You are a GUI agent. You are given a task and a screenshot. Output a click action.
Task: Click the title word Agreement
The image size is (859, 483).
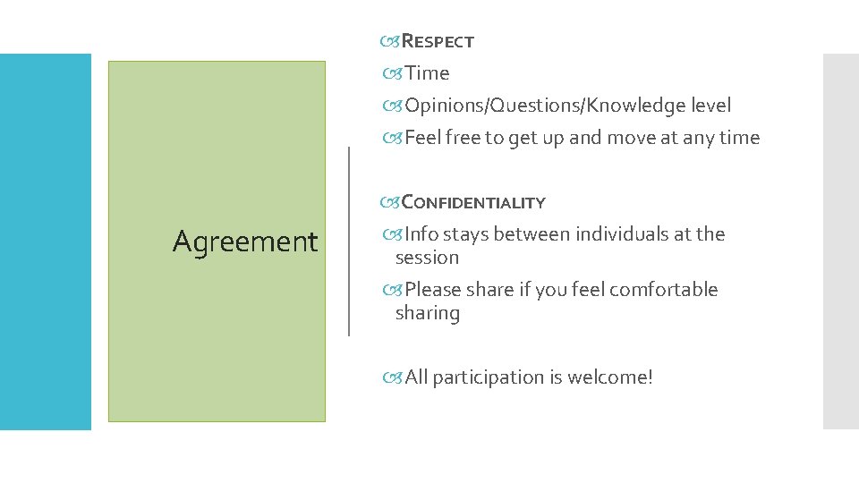245,241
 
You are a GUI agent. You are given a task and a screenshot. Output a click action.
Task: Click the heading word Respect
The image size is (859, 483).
438,41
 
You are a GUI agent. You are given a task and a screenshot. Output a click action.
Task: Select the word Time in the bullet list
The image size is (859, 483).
427,73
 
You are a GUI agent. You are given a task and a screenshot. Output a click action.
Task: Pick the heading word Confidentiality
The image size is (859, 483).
473,202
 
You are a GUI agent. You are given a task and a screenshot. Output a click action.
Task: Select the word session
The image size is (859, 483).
427,258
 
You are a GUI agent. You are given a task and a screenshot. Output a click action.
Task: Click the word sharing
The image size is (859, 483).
428,313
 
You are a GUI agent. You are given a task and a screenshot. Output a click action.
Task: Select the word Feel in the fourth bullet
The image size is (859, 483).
421,138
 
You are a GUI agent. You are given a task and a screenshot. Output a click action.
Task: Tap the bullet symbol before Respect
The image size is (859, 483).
390,41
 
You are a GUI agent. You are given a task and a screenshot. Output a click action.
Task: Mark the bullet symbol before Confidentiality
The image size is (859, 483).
390,202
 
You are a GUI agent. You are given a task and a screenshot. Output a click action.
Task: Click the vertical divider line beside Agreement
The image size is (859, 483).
348,241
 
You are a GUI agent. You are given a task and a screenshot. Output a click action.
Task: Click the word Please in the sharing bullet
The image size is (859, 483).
434,290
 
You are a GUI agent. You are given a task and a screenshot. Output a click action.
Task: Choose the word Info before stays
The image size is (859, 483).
421,234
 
